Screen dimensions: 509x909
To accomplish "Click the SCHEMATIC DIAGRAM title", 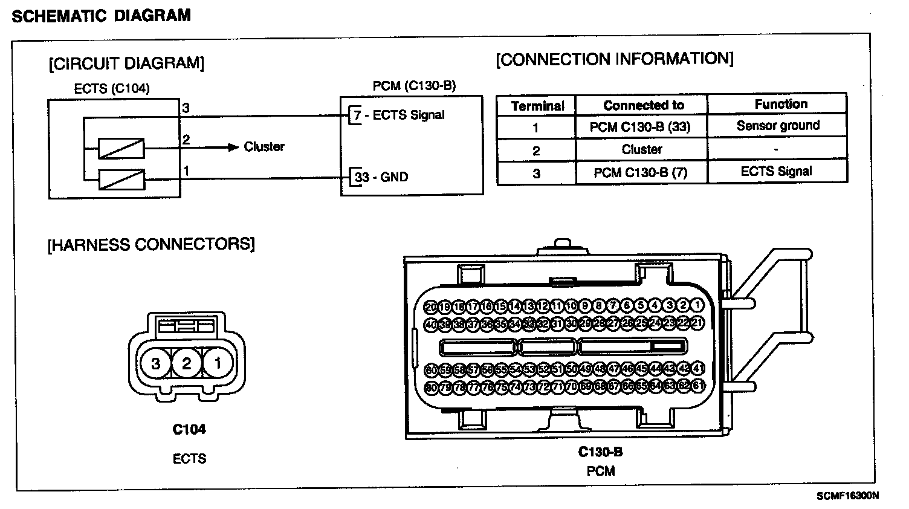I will click(101, 16).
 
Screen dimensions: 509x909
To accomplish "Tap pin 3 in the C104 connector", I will click(156, 363).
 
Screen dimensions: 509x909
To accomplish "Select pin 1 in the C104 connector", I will click(217, 363).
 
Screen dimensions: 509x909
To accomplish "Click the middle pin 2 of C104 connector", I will click(186, 363).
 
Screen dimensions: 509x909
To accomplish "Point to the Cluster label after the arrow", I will click(264, 147).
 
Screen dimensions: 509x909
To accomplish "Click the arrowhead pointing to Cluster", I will click(233, 147).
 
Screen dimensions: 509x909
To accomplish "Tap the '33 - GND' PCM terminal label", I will click(381, 177).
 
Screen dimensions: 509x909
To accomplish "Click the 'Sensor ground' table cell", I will click(778, 126).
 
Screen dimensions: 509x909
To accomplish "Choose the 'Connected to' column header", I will click(643, 105).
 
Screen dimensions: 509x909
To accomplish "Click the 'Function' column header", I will click(780, 104).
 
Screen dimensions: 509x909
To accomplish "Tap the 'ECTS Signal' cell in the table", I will click(776, 172).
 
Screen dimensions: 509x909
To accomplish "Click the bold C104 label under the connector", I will click(189, 430).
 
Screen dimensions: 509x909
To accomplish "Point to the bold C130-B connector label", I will click(600, 452).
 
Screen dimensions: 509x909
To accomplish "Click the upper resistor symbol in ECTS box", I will click(121, 148).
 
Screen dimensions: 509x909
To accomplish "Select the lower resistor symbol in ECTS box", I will click(121, 179).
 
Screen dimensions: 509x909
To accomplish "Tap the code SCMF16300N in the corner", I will click(847, 496).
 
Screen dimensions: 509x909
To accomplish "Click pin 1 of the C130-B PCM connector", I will click(697, 306).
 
